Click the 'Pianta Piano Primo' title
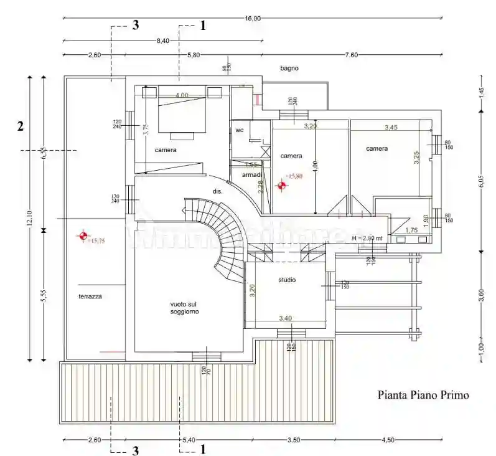[x=423, y=395]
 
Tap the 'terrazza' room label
[x=90, y=297]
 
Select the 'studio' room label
[x=287, y=280]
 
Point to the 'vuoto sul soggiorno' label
[x=184, y=308]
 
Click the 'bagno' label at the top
[x=289, y=68]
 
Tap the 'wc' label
[x=239, y=130]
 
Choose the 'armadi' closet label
[x=251, y=175]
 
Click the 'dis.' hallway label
[x=217, y=191]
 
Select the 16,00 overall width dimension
[x=253, y=19]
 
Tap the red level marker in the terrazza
[x=82, y=236]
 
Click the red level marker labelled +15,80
[x=281, y=185]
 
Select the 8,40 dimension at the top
[x=162, y=41]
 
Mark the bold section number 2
[x=21, y=126]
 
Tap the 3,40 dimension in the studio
[x=285, y=318]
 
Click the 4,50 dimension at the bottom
[x=387, y=440]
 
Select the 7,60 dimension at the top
[x=352, y=55]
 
